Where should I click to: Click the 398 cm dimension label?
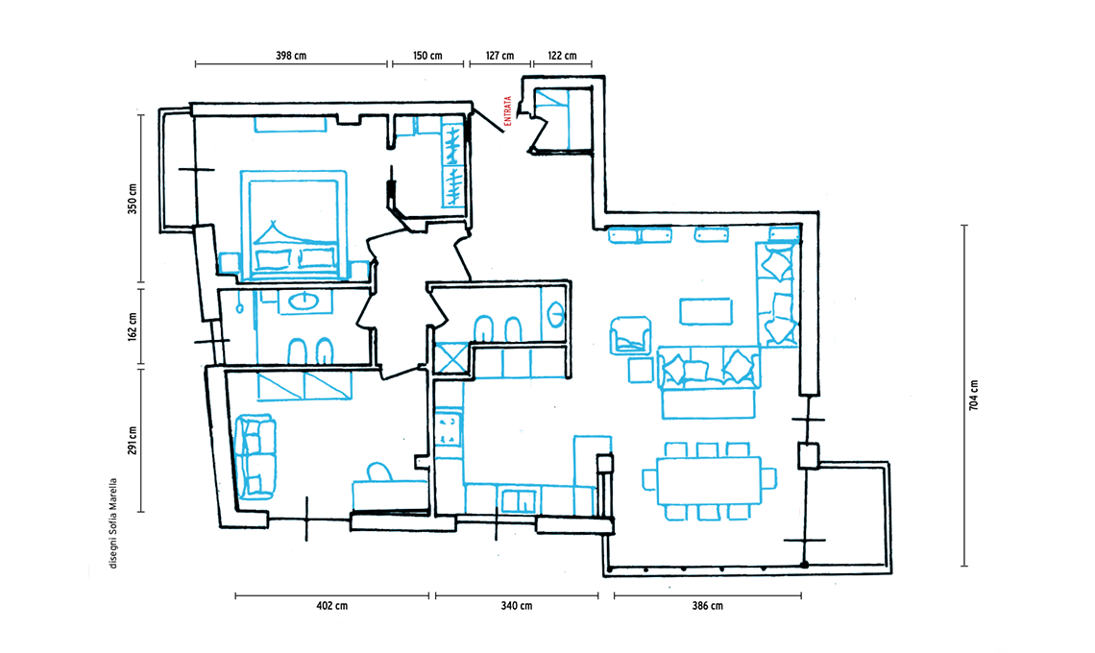pyautogui.click(x=290, y=56)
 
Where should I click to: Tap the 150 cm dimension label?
pyautogui.click(x=427, y=56)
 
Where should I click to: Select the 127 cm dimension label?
pyautogui.click(x=500, y=56)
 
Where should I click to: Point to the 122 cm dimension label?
pyautogui.click(x=562, y=56)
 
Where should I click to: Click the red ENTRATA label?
pyautogui.click(x=508, y=111)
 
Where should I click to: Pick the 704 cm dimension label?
pyautogui.click(x=973, y=396)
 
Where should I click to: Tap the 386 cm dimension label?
pyautogui.click(x=707, y=606)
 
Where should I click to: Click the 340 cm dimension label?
pyautogui.click(x=516, y=606)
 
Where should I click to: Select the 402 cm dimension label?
pyautogui.click(x=331, y=606)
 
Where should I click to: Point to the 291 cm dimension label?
pyautogui.click(x=133, y=441)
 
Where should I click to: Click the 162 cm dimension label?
pyautogui.click(x=133, y=326)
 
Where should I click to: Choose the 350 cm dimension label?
pyautogui.click(x=133, y=199)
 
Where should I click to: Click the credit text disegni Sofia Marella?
pyautogui.click(x=113, y=523)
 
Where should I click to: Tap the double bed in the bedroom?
pyautogui.click(x=293, y=225)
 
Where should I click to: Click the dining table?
pyautogui.click(x=708, y=480)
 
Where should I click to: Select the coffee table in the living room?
pyautogui.click(x=706, y=311)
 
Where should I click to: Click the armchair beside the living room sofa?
pyautogui.click(x=631, y=334)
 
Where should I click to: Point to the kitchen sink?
pyautogui.click(x=519, y=500)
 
